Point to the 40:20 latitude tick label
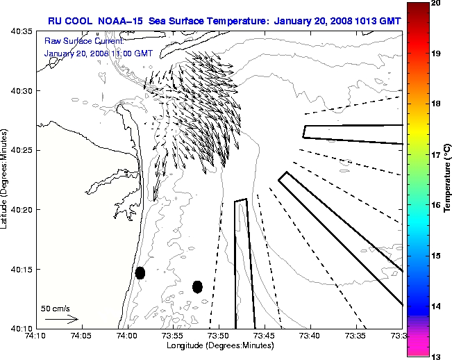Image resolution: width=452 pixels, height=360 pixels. pos(20,210)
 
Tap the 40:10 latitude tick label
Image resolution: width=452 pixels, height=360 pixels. pos(20,328)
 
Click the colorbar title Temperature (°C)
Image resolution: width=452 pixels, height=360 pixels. pos(448,180)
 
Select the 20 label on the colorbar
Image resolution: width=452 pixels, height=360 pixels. pos(435,3)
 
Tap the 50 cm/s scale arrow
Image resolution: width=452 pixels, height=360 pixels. pos(62,320)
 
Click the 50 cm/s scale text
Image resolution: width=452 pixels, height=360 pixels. pos(55,308)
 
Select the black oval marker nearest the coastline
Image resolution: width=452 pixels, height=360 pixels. pos(140,272)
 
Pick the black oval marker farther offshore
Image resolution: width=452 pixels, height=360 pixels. pos(197,286)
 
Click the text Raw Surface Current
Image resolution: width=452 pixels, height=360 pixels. pos(76,41)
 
